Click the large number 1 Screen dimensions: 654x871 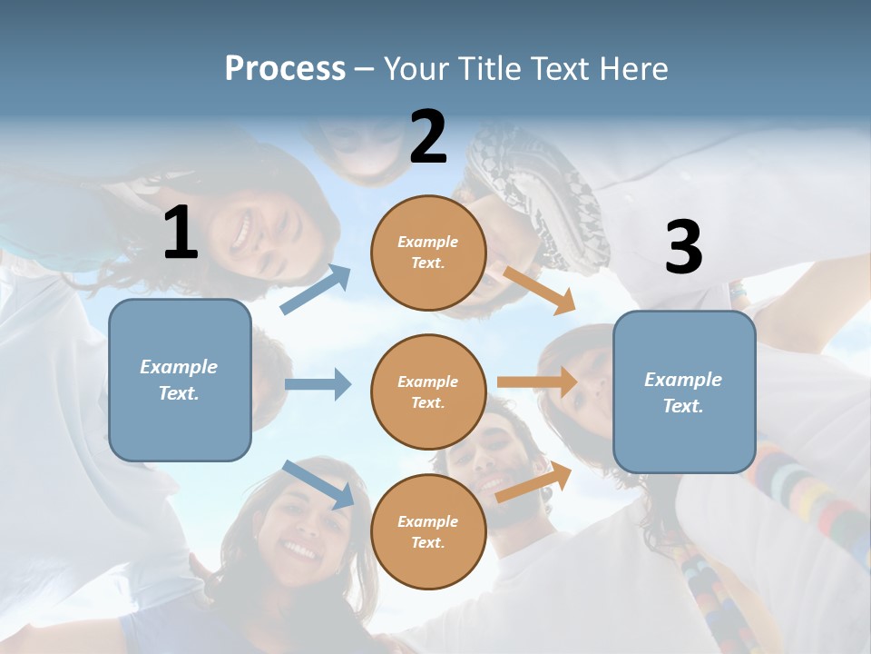[x=181, y=233]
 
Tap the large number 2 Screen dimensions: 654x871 [x=428, y=137]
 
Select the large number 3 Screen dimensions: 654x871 [x=683, y=248]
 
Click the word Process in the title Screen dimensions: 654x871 [x=285, y=68]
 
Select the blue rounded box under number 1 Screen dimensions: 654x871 [x=180, y=380]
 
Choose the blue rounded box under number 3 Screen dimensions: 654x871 [x=684, y=392]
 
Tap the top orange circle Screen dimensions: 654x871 [x=428, y=253]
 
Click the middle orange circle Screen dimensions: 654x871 [x=428, y=392]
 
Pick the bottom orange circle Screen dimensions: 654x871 [x=428, y=531]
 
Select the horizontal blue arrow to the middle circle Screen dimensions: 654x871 [x=318, y=384]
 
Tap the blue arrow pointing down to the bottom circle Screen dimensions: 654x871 [x=318, y=484]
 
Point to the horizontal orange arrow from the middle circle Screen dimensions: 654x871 [x=536, y=382]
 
